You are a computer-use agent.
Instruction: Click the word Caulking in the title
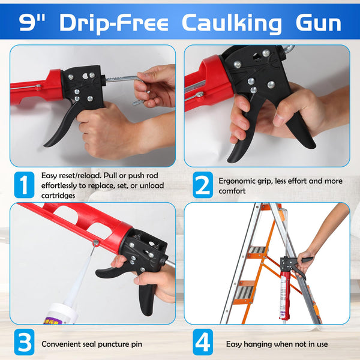[x=232, y=23]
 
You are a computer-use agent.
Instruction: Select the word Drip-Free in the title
[x=118, y=23]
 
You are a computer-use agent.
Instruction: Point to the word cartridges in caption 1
[x=59, y=196]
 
